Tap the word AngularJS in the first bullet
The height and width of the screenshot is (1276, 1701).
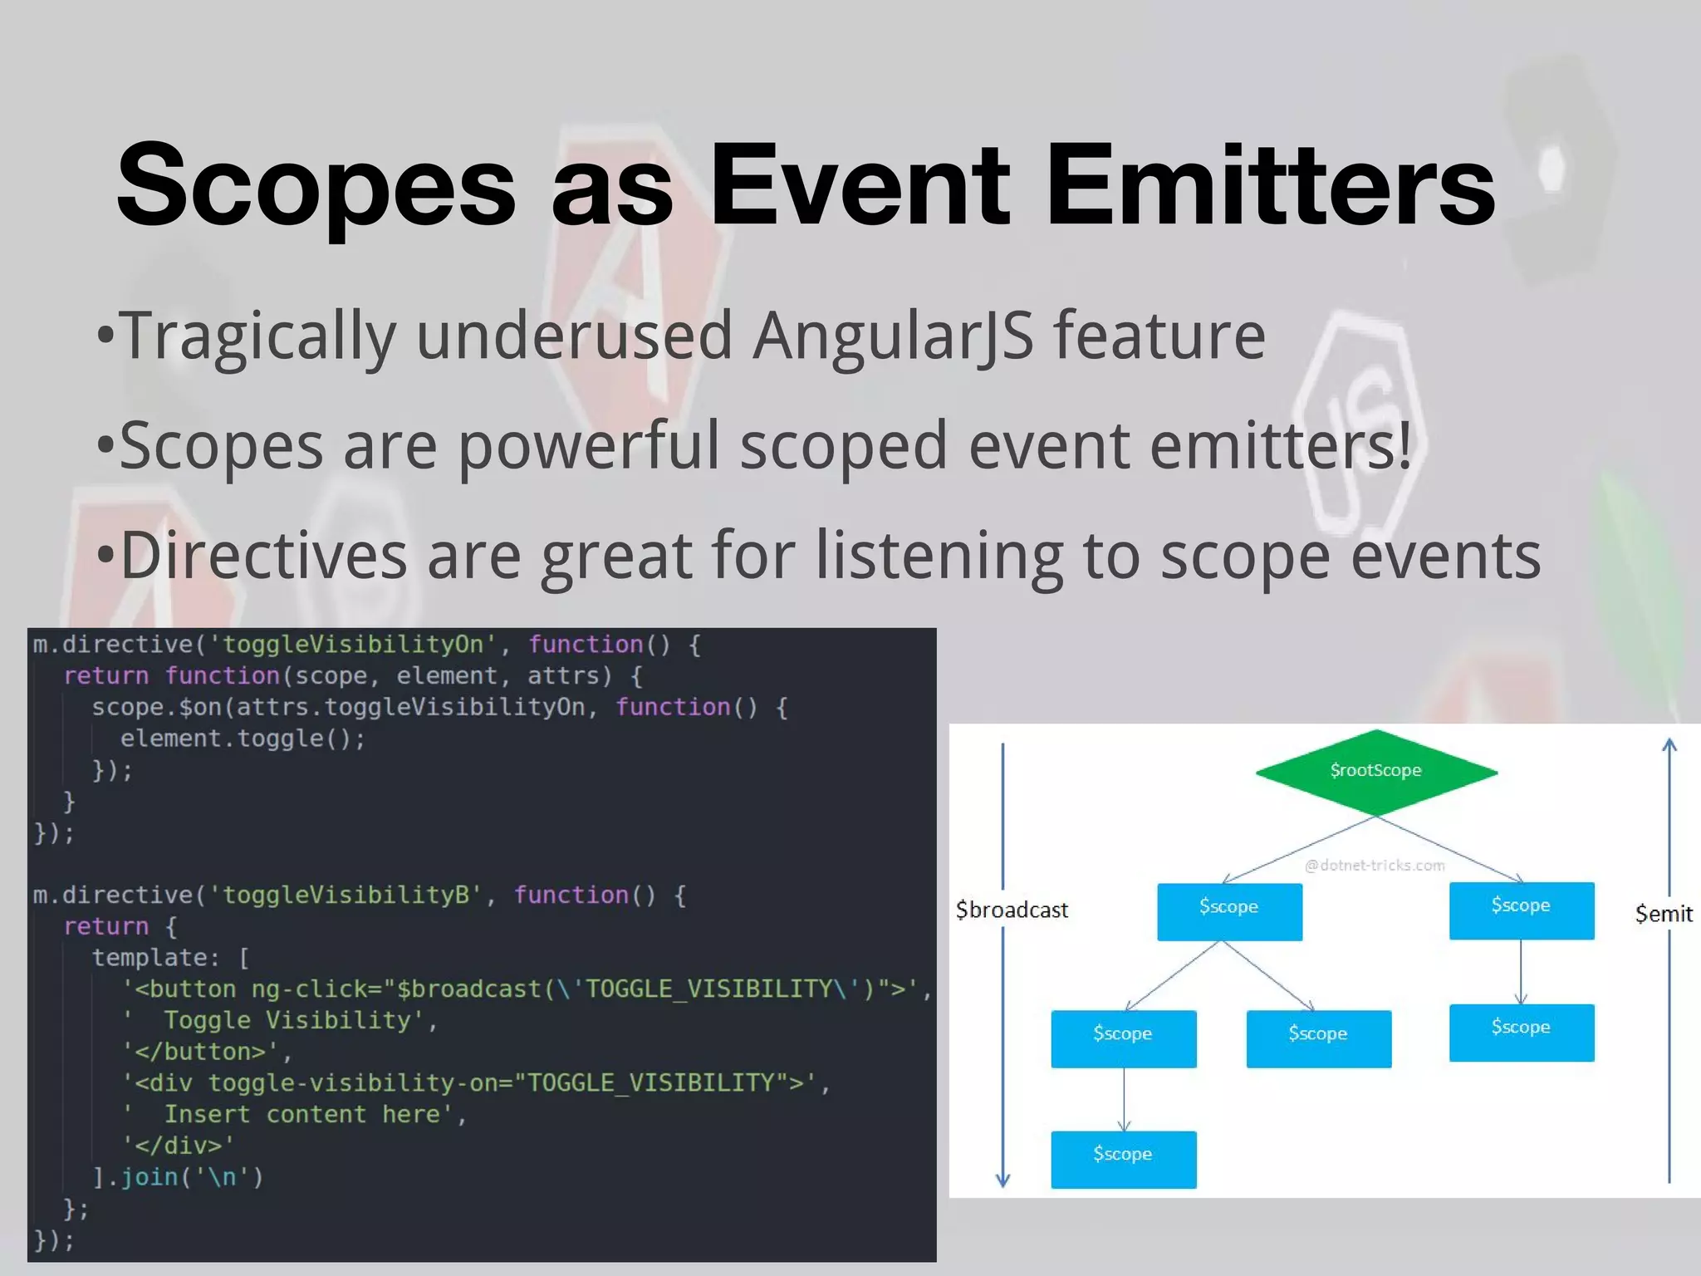tap(893, 336)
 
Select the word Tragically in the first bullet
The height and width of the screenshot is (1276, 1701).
tap(257, 336)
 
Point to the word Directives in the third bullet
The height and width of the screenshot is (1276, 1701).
tap(263, 555)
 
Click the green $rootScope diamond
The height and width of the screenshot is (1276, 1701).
tap(1375, 771)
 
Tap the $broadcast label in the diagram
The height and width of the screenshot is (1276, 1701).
tap(1012, 910)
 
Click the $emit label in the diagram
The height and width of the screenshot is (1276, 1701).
tap(1663, 914)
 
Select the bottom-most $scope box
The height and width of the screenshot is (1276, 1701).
tap(1123, 1159)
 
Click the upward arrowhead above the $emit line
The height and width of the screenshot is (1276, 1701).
tap(1669, 744)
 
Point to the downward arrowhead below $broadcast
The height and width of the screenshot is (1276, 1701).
tap(1002, 1180)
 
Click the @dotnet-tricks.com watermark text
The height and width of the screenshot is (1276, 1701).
tap(1375, 866)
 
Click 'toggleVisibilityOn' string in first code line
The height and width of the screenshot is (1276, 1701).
tap(352, 645)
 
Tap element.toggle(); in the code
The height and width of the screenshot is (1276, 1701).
tap(243, 739)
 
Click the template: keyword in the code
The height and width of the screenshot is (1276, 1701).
tap(155, 958)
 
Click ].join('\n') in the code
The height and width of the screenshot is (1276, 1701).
tap(178, 1177)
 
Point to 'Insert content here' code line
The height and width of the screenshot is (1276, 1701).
tap(295, 1115)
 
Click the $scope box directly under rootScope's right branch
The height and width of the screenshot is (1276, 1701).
tap(1521, 910)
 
